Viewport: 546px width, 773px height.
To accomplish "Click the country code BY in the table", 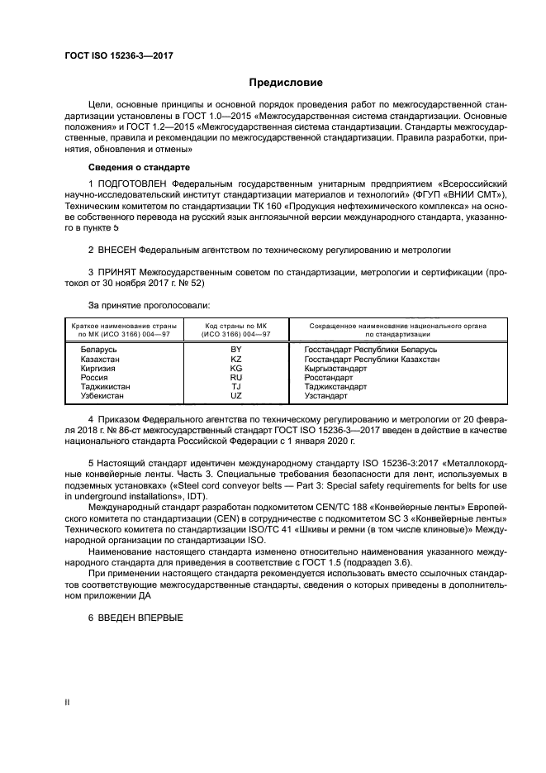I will [x=235, y=351].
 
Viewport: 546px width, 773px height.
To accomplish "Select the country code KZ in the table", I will [x=235, y=360].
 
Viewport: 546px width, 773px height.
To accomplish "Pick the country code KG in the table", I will [x=235, y=369].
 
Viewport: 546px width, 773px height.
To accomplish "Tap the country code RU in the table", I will [x=235, y=378].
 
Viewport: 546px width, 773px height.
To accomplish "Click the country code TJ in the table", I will [x=235, y=387].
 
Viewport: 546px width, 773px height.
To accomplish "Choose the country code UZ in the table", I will [x=235, y=396].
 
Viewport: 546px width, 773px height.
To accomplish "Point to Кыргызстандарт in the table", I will [x=335, y=369].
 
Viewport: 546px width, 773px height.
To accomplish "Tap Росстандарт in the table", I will [x=329, y=378].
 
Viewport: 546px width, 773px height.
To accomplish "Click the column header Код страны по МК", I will [x=235, y=327].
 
